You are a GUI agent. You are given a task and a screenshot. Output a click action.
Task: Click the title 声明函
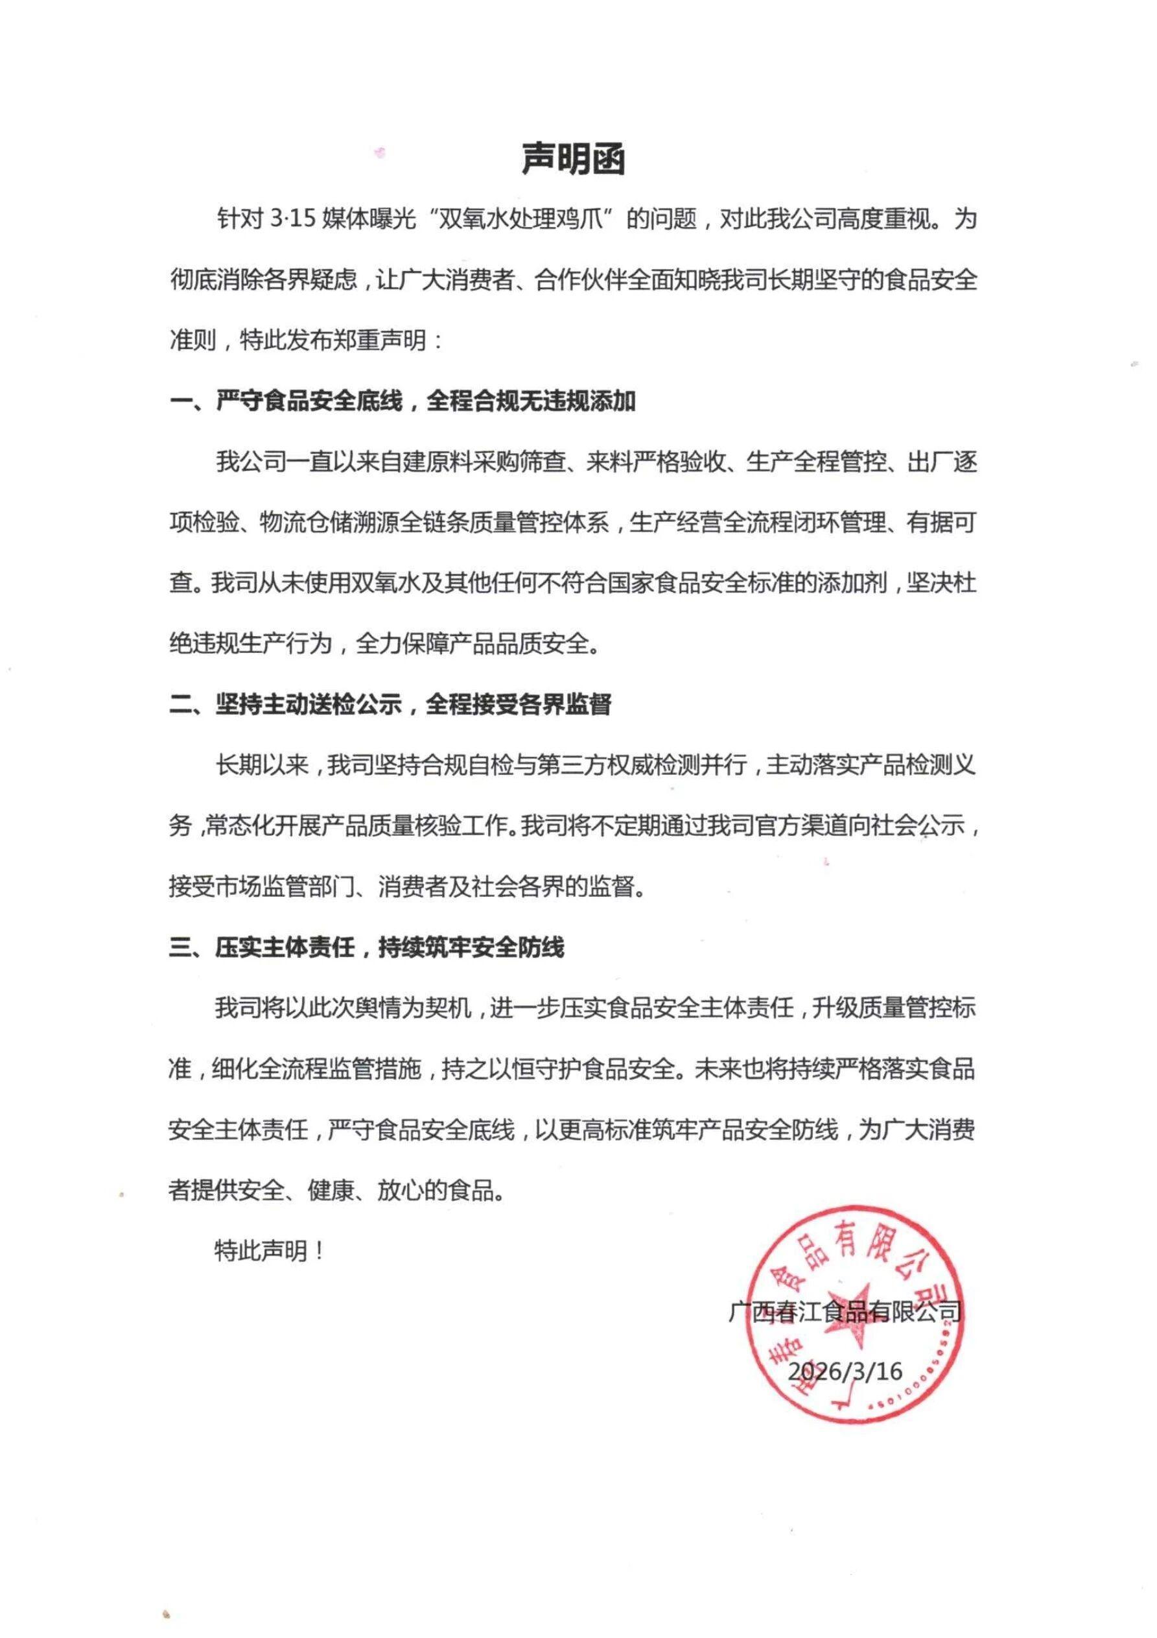pyautogui.click(x=574, y=158)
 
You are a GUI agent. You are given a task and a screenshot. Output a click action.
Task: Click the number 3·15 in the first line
pyautogui.click(x=293, y=219)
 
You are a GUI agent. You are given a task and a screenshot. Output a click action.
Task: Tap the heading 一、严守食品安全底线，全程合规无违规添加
pyautogui.click(x=403, y=401)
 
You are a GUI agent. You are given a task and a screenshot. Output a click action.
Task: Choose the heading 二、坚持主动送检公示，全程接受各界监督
pyautogui.click(x=390, y=705)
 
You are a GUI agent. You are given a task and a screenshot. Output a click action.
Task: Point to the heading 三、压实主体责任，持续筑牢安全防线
pyautogui.click(x=367, y=947)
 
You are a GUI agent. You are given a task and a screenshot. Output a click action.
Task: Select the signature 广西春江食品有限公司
pyautogui.click(x=845, y=1311)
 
